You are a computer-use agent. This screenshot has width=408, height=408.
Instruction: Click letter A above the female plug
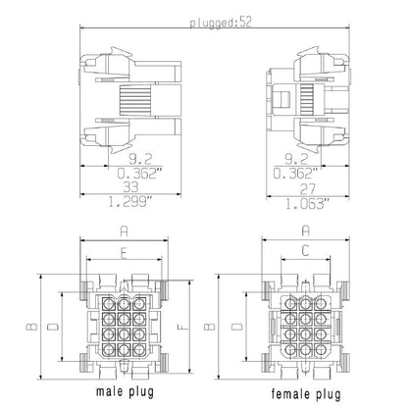(x=305, y=232)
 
